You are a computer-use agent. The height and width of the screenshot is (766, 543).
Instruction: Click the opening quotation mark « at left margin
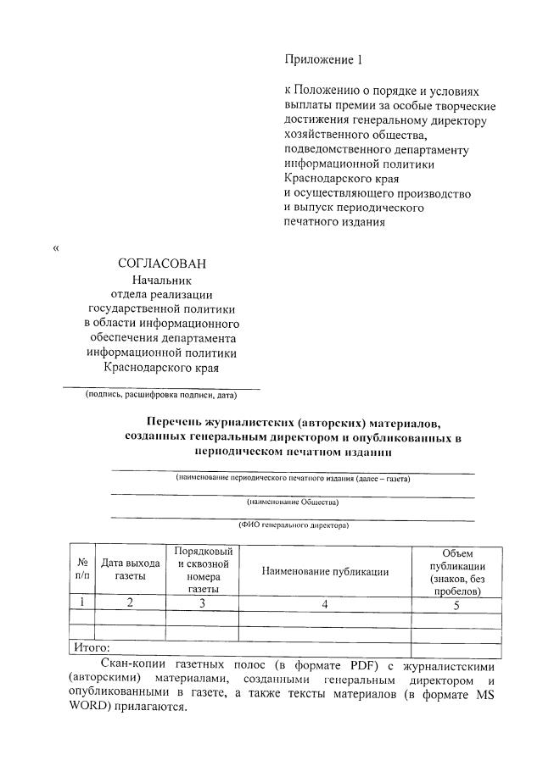(57, 248)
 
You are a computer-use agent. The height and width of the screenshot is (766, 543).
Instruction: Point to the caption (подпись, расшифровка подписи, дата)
(160, 395)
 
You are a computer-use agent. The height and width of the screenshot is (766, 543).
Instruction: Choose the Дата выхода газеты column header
(130, 569)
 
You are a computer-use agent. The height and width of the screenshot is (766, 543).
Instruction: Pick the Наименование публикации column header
(325, 571)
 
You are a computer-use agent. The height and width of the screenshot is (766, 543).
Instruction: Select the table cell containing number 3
(202, 603)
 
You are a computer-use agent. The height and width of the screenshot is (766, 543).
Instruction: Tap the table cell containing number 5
(456, 604)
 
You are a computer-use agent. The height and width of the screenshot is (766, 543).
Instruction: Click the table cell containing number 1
(82, 602)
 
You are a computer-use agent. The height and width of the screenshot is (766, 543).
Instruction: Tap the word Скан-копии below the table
(132, 663)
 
